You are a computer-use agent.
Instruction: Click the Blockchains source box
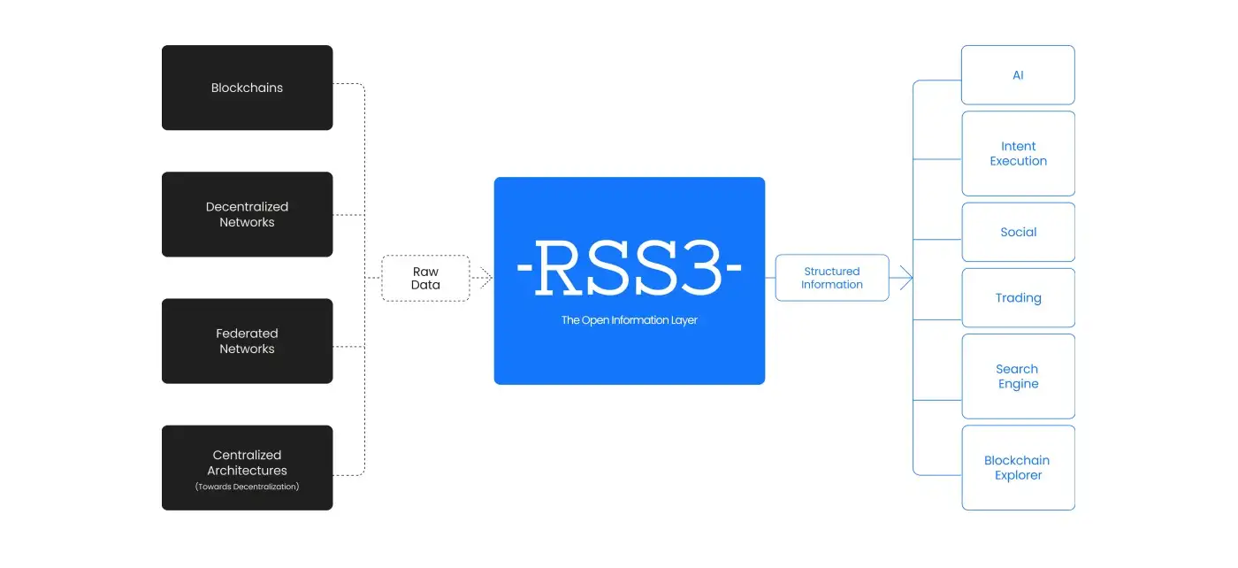click(x=247, y=88)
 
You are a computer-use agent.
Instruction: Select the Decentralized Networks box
click(x=247, y=214)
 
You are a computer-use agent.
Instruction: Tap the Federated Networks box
click(x=247, y=341)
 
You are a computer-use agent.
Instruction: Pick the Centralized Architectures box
click(x=247, y=467)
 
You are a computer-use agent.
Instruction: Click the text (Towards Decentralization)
click(x=247, y=487)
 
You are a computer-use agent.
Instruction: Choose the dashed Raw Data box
click(x=425, y=278)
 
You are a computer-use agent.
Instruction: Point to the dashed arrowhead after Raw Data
click(x=485, y=278)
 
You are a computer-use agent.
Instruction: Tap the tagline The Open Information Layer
click(x=629, y=320)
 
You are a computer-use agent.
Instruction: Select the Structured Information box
click(x=831, y=278)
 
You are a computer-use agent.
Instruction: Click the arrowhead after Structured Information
click(x=906, y=278)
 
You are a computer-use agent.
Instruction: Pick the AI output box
click(x=1018, y=75)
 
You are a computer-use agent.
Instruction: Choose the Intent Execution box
click(x=1018, y=153)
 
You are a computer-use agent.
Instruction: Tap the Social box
click(x=1018, y=232)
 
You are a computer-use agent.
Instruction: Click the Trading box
click(x=1018, y=297)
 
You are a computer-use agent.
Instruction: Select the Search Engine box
click(x=1018, y=376)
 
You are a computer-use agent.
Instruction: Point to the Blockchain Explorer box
click(x=1018, y=467)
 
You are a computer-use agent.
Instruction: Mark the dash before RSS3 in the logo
click(x=523, y=267)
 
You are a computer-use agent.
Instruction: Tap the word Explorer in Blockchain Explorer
click(x=1018, y=475)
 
